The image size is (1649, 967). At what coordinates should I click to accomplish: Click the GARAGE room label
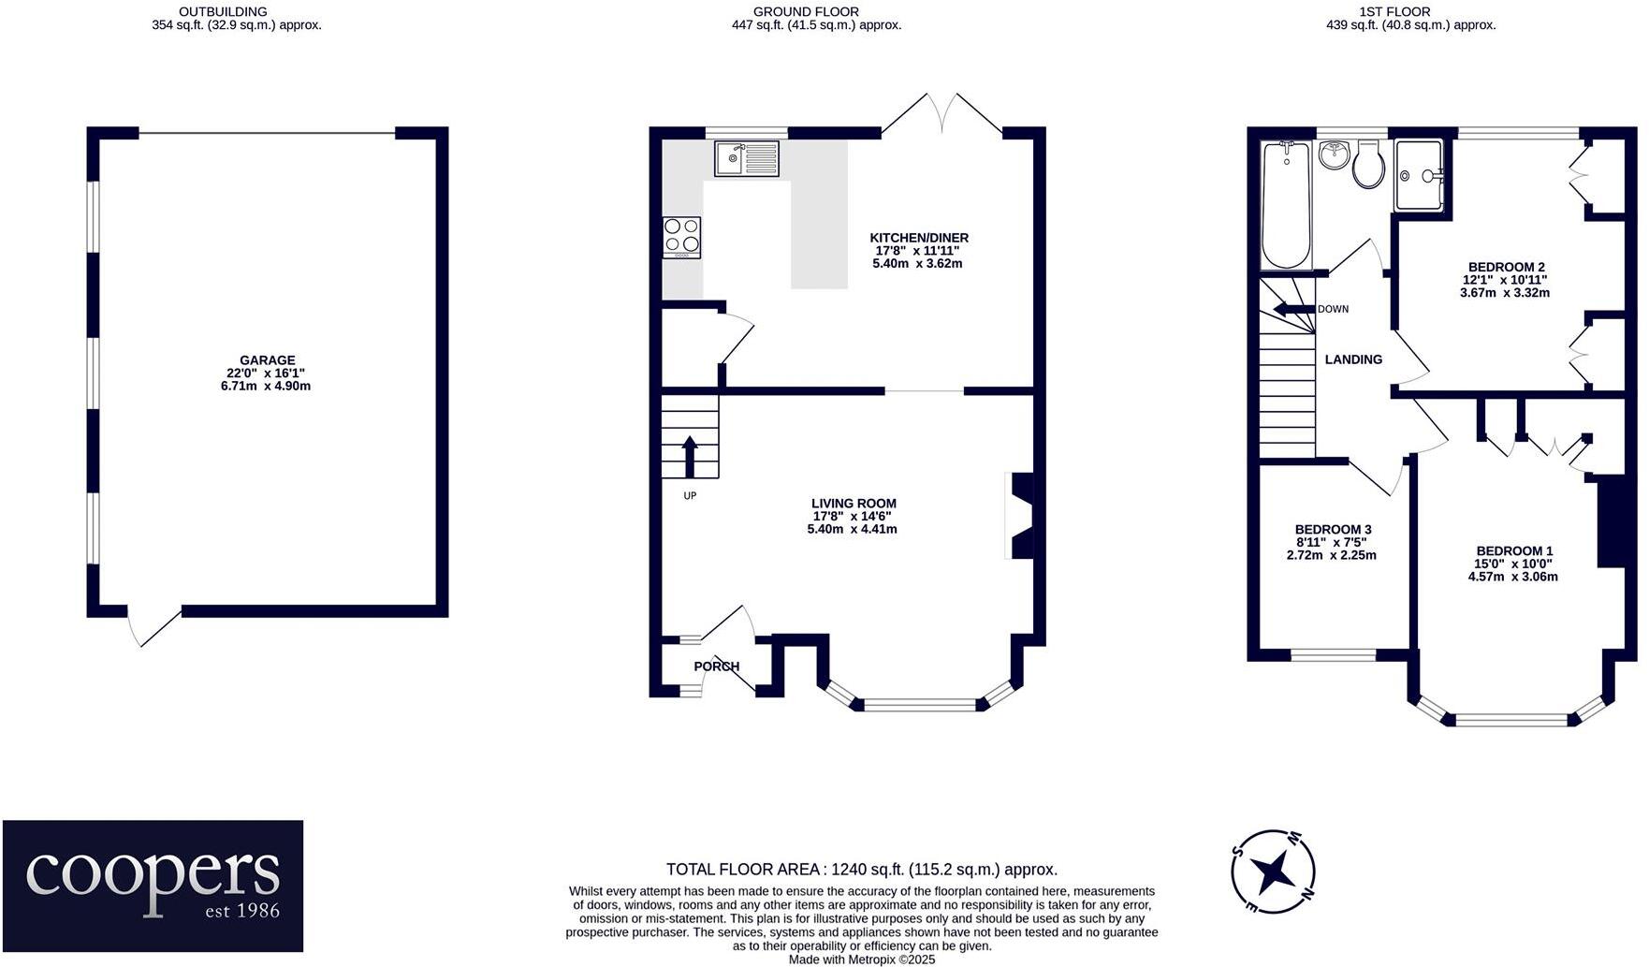[x=267, y=360]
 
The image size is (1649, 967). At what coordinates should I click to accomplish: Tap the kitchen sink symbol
[x=746, y=158]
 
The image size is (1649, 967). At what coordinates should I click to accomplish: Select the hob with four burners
[x=681, y=237]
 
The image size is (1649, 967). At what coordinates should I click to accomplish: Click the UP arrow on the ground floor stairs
[x=690, y=457]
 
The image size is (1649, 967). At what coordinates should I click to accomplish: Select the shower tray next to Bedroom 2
[x=1421, y=175]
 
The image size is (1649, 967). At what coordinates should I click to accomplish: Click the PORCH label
[x=716, y=667]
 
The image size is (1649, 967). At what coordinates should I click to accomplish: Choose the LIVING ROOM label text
[x=854, y=504]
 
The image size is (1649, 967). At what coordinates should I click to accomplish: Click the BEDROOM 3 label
[x=1333, y=530]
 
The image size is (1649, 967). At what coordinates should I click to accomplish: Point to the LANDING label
[x=1353, y=359]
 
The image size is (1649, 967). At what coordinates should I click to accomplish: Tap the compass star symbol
[x=1274, y=872]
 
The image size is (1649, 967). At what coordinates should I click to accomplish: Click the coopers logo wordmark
[x=153, y=873]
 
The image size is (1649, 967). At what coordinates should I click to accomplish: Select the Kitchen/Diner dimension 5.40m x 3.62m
[x=917, y=264]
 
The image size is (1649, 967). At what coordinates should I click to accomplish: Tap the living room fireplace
[x=1020, y=516]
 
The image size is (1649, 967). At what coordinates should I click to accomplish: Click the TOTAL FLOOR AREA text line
[x=861, y=870]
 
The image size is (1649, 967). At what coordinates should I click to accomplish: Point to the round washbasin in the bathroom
[x=1333, y=154]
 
